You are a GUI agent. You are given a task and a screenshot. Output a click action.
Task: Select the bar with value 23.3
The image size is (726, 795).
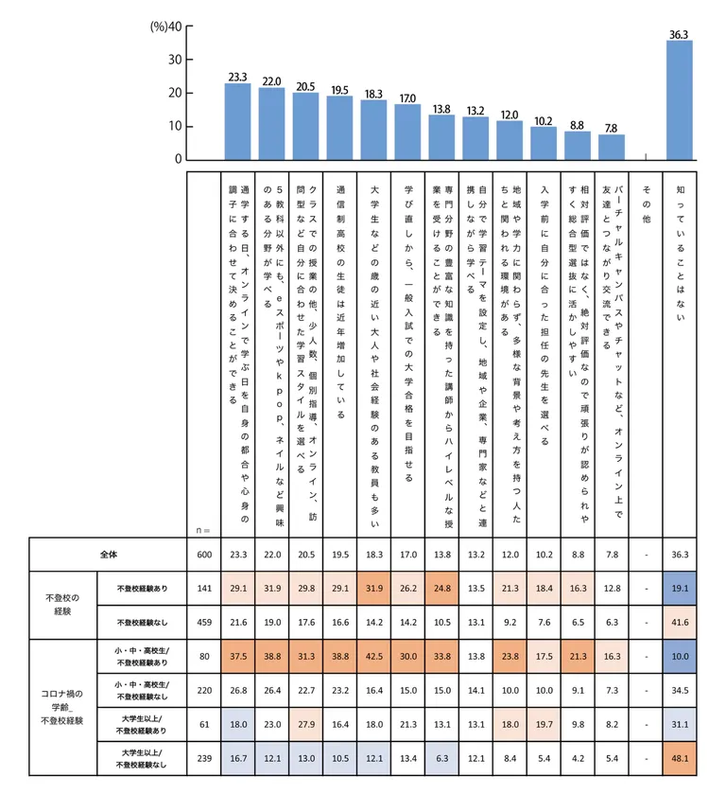237,121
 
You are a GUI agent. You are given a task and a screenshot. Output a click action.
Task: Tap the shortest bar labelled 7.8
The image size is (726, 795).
612,147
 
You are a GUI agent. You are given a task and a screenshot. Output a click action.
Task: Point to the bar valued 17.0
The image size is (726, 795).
407,132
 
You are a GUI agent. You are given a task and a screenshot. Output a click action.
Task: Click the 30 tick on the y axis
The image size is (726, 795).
175,60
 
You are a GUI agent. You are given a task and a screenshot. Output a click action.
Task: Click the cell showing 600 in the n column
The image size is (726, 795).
203,555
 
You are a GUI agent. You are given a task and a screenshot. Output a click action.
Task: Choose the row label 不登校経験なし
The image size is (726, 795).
137,623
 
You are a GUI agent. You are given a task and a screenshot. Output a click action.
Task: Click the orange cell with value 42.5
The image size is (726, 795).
373,657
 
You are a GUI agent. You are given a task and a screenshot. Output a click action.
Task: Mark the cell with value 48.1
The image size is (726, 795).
680,759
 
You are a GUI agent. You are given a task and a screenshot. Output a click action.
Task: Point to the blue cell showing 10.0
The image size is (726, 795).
680,657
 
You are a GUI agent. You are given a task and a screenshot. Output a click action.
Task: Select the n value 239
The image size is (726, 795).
203,759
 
